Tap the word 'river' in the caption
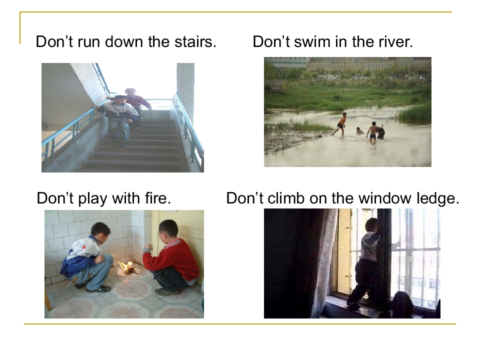[x=394, y=42]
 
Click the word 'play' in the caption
[x=90, y=199]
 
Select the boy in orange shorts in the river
[x=341, y=124]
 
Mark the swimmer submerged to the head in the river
[x=359, y=131]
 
